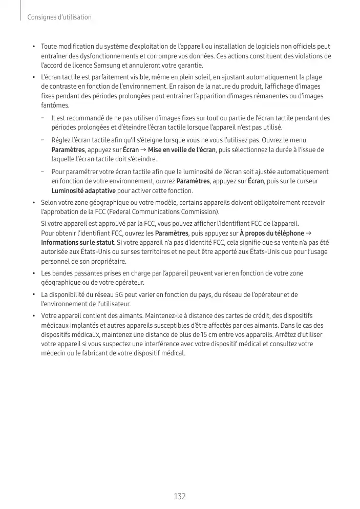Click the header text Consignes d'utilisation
pos(59,17)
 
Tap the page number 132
pos(180,496)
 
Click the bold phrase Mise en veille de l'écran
pos(182,150)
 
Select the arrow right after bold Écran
pos(143,150)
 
